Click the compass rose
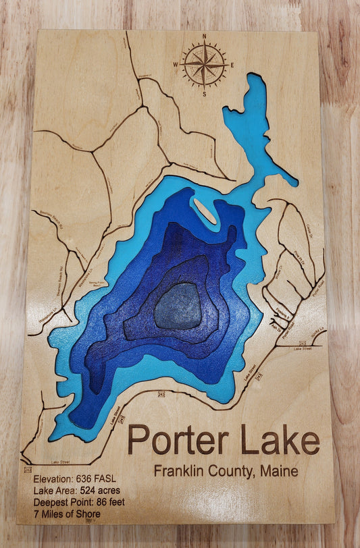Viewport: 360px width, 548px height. pyautogui.click(x=204, y=65)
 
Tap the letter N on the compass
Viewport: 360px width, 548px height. pyautogui.click(x=204, y=37)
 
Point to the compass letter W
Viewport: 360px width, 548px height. pyautogui.click(x=176, y=65)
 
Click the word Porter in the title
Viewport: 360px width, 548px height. pyautogui.click(x=178, y=440)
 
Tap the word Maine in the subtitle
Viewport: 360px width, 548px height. pyautogui.click(x=278, y=471)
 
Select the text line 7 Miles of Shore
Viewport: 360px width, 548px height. pyautogui.click(x=66, y=514)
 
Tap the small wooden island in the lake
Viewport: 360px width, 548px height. pyautogui.click(x=203, y=211)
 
